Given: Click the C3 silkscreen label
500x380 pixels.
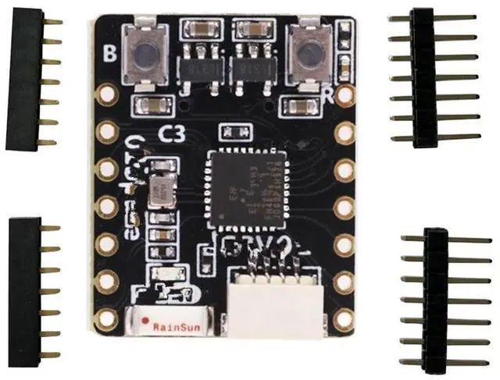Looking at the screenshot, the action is (171, 133).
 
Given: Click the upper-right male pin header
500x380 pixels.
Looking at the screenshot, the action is (423, 78).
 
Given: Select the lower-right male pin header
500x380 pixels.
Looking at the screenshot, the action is (434, 300).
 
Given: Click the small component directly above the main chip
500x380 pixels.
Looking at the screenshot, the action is (231, 131).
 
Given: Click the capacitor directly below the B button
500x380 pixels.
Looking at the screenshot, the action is (148, 105).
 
